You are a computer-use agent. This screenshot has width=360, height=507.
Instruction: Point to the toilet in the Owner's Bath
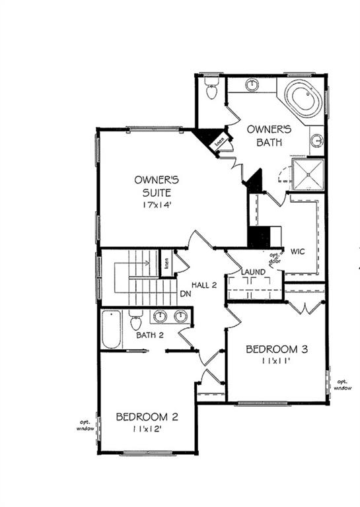coord(211,89)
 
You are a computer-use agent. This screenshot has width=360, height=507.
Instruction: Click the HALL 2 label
coord(205,285)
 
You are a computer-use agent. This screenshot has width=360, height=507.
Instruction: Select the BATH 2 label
coord(150,335)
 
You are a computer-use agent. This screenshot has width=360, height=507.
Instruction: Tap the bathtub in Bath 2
coord(112,329)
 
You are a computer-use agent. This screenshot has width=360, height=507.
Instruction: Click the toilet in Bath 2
coord(136,320)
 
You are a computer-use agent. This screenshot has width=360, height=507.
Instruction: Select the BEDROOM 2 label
coord(147,417)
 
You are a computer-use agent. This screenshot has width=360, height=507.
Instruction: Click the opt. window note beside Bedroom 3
coord(342,384)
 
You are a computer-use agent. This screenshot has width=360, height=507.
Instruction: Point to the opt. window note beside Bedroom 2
coord(85,425)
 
